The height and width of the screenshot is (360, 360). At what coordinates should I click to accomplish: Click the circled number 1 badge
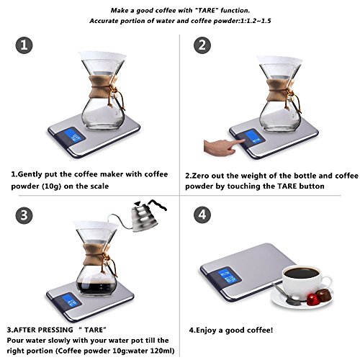click(x=24, y=45)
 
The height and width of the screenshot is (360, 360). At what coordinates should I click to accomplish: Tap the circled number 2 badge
click(x=202, y=45)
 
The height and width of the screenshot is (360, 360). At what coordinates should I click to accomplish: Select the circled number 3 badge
click(x=24, y=215)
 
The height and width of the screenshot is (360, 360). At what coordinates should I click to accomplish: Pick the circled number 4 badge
click(x=202, y=215)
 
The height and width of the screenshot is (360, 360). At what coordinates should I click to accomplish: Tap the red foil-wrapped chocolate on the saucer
click(x=312, y=298)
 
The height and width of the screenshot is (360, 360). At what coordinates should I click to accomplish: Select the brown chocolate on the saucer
click(x=324, y=295)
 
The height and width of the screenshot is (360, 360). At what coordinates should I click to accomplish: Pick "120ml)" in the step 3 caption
click(x=162, y=351)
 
